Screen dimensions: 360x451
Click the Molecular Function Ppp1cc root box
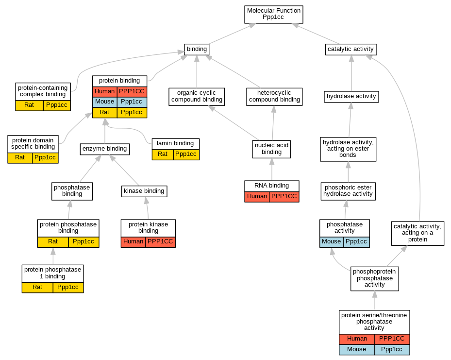click(274, 14)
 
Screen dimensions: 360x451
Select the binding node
click(197, 49)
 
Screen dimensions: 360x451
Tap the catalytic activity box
click(351, 49)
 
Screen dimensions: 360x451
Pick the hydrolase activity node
click(351, 96)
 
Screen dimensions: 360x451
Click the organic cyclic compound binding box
click(197, 96)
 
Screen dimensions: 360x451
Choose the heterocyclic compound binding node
click(274, 96)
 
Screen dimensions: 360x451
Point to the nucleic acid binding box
click(271, 149)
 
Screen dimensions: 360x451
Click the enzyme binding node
click(105, 149)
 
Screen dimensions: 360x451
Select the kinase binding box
click(144, 191)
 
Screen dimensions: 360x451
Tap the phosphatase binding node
click(72, 190)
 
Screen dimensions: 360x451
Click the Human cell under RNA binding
click(257, 196)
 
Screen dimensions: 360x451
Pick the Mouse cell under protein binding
click(104, 102)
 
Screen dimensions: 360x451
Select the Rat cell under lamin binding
click(162, 154)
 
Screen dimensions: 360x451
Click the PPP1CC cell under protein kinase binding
click(160, 241)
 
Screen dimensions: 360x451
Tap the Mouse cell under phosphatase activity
click(332, 241)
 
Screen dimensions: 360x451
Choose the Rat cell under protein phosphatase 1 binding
click(37, 287)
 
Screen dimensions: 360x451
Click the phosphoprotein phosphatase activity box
click(375, 278)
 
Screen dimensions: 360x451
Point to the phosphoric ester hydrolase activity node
click(348, 190)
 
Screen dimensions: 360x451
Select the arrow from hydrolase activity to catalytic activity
click(351, 73)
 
